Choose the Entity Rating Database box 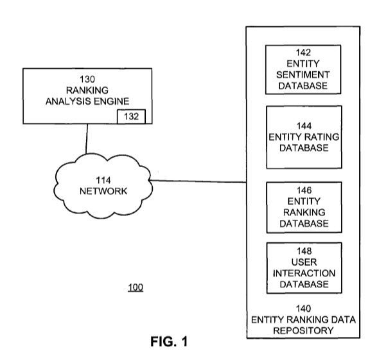304,137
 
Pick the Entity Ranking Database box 304,207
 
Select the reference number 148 304,251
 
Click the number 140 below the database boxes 304,309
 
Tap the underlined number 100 136,287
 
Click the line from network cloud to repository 199,181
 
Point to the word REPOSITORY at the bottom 304,329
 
